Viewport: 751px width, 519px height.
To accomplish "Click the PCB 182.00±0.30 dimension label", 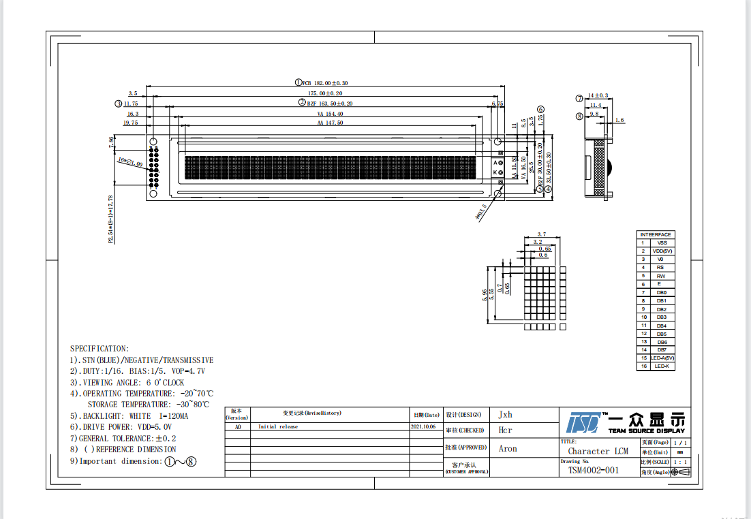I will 330,82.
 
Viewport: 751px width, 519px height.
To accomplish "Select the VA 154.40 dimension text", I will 330,114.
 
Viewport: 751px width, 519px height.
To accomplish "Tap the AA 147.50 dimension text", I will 330,123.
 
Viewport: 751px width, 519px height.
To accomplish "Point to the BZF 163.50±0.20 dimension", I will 330,104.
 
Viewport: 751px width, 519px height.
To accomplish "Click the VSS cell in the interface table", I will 662,242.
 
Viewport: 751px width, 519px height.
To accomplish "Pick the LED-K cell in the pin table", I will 662,366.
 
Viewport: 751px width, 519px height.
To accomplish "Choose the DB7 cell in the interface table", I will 662,349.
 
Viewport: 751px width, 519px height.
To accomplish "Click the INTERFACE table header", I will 656,234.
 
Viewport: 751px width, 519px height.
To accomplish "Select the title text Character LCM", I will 598,451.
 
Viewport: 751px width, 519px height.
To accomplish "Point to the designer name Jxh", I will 505,414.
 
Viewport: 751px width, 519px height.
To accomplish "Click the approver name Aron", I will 508,449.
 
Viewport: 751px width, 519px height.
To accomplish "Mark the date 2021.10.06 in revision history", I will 423,426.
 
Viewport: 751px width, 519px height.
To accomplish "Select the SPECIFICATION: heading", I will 99,349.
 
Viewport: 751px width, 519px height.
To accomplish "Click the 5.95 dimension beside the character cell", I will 485,294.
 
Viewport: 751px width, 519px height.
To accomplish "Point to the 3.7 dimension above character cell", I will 542,234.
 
